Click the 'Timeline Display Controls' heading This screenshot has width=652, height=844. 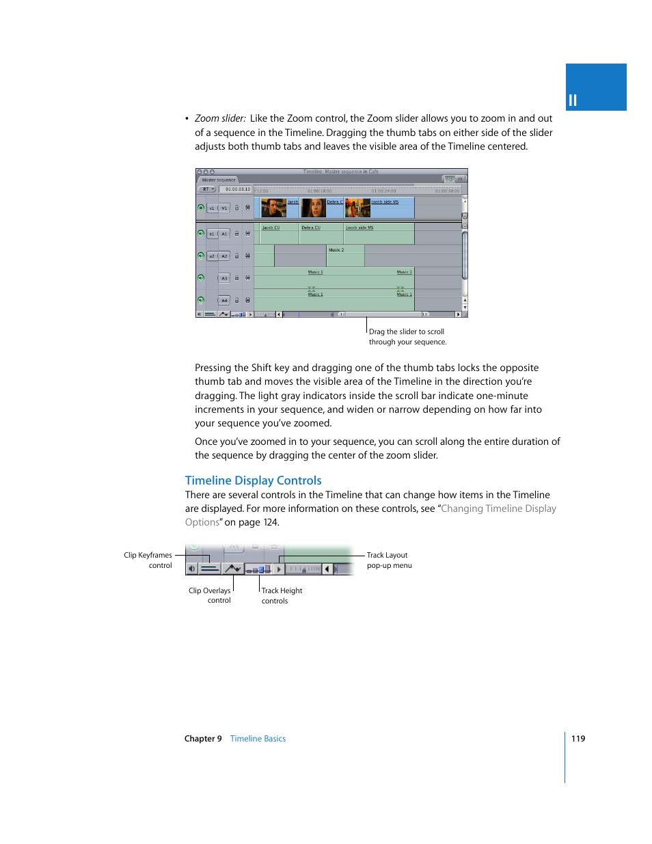tap(253, 480)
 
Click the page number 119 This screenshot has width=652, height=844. tap(578, 739)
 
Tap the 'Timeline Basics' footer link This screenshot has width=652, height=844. tap(258, 739)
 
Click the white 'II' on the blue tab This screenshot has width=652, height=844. tap(573, 100)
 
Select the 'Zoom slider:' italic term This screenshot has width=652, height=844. tap(220, 118)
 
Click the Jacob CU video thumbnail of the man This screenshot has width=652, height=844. tap(273, 208)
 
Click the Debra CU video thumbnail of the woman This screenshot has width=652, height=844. tap(314, 208)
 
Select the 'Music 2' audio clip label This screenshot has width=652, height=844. tap(336, 250)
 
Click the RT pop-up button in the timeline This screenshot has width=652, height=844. tap(207, 189)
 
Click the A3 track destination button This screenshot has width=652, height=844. tap(224, 278)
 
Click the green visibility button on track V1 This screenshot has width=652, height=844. tap(201, 208)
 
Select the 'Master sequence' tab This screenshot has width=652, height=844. tap(218, 180)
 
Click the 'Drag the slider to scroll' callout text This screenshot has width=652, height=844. tap(407, 332)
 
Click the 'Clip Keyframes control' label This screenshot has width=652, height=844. tap(148, 560)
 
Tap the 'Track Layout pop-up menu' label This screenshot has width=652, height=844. tap(388, 560)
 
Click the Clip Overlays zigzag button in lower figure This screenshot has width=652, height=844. tap(233, 569)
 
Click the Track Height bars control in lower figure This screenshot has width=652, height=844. tap(258, 569)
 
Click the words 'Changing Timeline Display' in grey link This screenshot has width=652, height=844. tap(498, 508)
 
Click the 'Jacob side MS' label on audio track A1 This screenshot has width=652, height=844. tap(359, 228)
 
